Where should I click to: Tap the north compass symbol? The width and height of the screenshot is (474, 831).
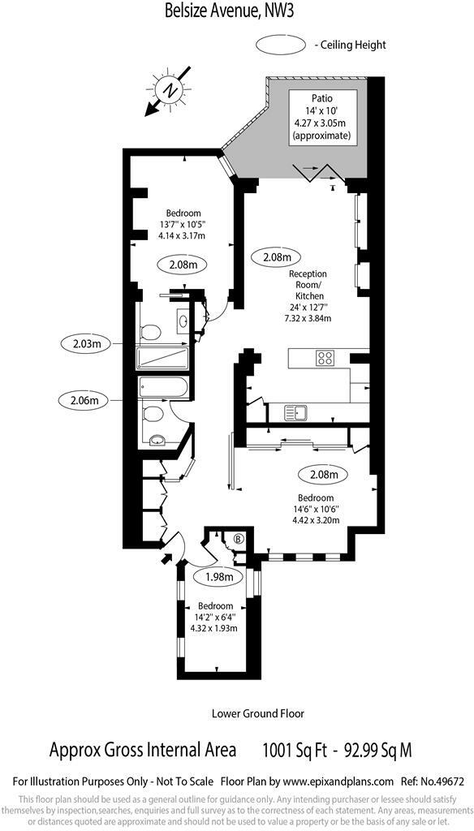pos(170,90)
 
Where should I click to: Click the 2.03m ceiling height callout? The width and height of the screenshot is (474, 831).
pos(86,343)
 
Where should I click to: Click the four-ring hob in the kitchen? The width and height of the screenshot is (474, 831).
pos(326,358)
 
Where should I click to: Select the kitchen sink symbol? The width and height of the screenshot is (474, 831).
pos(295,412)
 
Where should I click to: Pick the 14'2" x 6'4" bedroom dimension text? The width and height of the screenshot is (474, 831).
pos(210,617)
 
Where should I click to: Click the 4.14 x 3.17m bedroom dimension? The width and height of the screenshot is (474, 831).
pos(182,235)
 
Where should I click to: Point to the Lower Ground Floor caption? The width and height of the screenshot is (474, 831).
pos(257,713)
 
